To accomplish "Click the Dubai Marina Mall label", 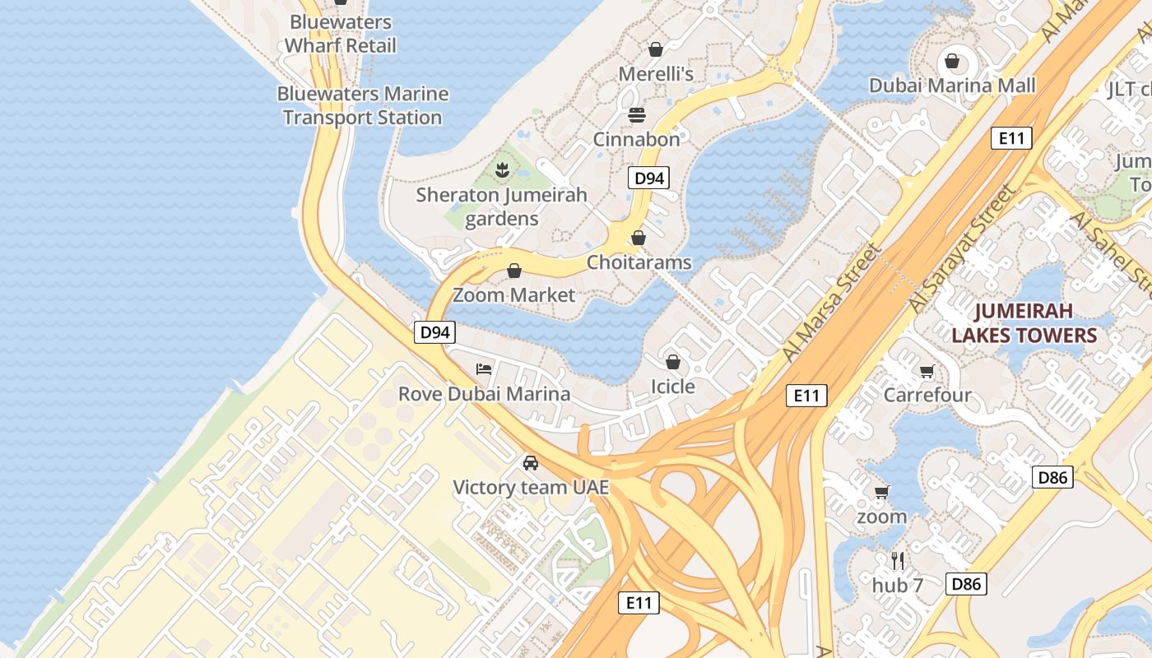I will pyautogui.click(x=952, y=86).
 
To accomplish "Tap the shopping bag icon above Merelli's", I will pyautogui.click(x=656, y=49).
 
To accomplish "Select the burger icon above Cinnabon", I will pyautogui.click(x=637, y=114).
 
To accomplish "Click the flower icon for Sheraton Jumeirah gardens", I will pyautogui.click(x=501, y=170).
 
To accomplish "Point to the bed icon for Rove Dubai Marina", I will pyautogui.click(x=484, y=368).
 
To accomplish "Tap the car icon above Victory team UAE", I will pyautogui.click(x=531, y=463).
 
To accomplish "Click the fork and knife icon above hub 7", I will pyautogui.click(x=898, y=561).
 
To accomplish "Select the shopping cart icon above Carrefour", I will pyautogui.click(x=927, y=371).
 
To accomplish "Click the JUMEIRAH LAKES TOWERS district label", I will pyautogui.click(x=1024, y=323).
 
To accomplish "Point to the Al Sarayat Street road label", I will pyautogui.click(x=961, y=248).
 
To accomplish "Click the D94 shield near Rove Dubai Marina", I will pyautogui.click(x=434, y=332).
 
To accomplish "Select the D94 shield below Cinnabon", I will pyautogui.click(x=649, y=178).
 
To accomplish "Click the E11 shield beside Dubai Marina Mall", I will pyautogui.click(x=1010, y=138).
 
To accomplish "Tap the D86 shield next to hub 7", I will pyautogui.click(x=965, y=584).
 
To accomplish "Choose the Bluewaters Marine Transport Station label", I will pyautogui.click(x=363, y=106).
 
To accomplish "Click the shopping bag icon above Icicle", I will pyautogui.click(x=673, y=362).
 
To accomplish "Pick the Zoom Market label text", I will pyautogui.click(x=514, y=294).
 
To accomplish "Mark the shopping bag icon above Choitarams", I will pyautogui.click(x=639, y=239).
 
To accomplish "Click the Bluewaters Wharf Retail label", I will pyautogui.click(x=341, y=34).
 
